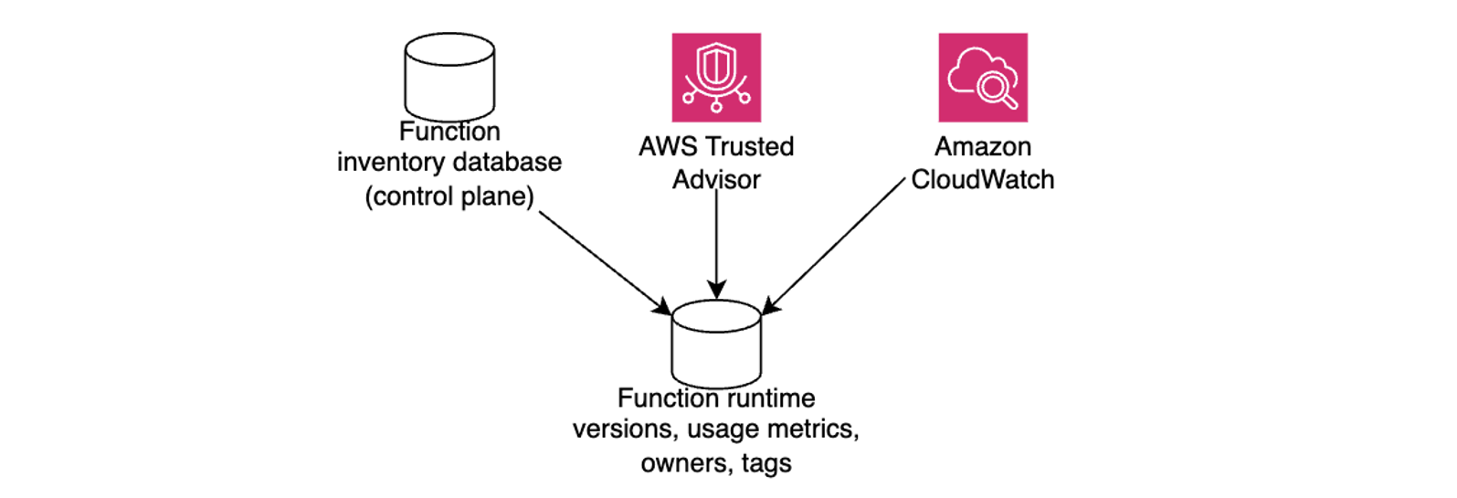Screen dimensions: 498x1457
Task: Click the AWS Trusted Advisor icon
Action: (x=716, y=78)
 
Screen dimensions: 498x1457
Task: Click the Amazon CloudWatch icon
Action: (x=983, y=78)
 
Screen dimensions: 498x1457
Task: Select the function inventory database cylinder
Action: (x=449, y=77)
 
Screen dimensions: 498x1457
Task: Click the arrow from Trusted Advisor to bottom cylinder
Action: (x=716, y=243)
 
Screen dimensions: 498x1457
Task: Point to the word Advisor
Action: (x=716, y=179)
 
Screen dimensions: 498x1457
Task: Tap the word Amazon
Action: (x=983, y=146)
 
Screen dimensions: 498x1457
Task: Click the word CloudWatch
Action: (x=983, y=179)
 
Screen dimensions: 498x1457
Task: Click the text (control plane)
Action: (x=449, y=196)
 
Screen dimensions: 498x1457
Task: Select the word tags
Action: (x=765, y=464)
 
